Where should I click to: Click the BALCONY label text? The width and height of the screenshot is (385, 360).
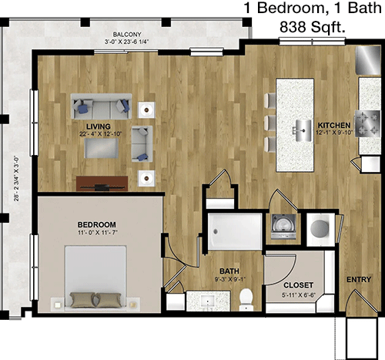[x=127, y=35]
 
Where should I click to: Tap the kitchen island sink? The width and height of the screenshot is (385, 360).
[x=303, y=130]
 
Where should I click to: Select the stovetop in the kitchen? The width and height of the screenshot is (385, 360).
[x=367, y=123]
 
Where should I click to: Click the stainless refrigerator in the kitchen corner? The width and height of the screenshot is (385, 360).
[x=368, y=61]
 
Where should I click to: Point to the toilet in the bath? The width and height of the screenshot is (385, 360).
[x=246, y=299]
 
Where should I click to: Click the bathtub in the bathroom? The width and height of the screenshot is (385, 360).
[x=235, y=231]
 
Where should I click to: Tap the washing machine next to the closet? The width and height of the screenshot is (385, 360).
[x=283, y=227]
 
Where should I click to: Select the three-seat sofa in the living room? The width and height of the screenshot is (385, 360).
[x=101, y=106]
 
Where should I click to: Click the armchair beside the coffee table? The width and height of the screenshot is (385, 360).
[x=142, y=144]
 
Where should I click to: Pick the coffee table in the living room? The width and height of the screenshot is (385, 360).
[x=102, y=148]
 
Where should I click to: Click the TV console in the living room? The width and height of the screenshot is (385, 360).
[x=102, y=183]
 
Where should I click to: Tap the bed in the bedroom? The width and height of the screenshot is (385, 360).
[x=95, y=278]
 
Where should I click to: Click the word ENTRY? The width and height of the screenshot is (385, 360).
[x=359, y=280]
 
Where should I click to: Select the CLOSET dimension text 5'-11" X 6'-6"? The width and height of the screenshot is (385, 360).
[x=299, y=295]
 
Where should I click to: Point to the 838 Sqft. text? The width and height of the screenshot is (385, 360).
[x=313, y=27]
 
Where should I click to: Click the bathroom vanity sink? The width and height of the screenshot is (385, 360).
[x=207, y=301]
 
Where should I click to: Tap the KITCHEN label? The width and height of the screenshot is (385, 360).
[x=334, y=126]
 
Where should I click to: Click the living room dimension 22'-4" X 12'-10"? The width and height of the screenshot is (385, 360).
[x=101, y=134]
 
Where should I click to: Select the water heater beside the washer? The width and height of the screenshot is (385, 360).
[x=320, y=227]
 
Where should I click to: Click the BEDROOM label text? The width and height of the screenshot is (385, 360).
[x=97, y=224]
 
